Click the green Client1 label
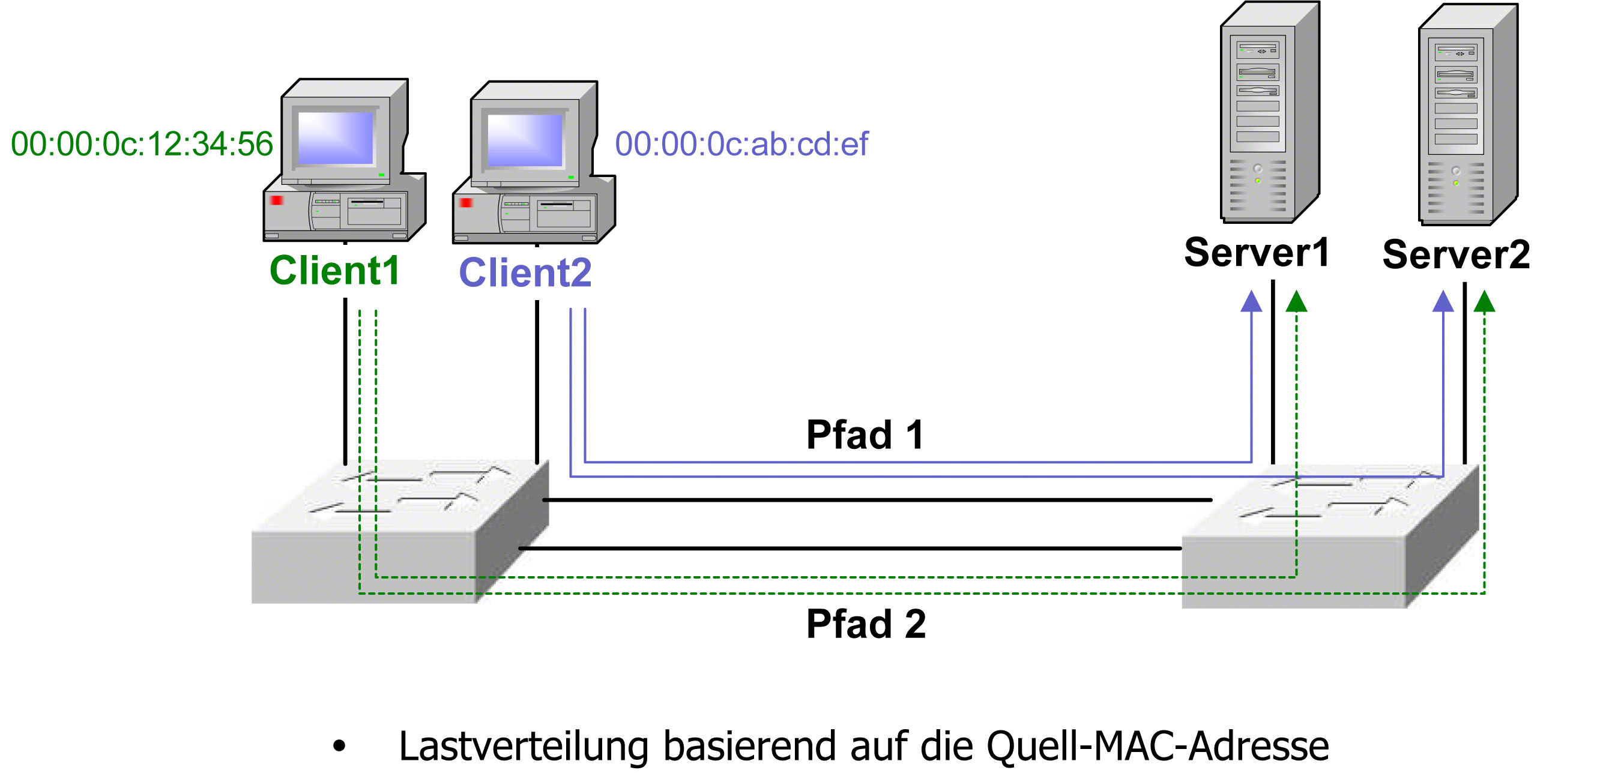click(x=334, y=271)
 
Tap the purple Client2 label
click(x=525, y=273)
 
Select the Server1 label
click(x=1256, y=253)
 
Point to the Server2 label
click(x=1456, y=254)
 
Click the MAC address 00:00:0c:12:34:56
click(x=142, y=144)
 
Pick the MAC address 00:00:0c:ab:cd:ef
click(x=741, y=144)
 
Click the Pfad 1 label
click(x=865, y=435)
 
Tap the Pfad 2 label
click(x=866, y=624)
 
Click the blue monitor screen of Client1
click(x=336, y=137)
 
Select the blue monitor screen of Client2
click(x=524, y=140)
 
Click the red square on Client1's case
click(x=277, y=200)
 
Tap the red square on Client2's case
click(x=466, y=203)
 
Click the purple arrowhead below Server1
click(x=1251, y=302)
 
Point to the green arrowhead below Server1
click(x=1296, y=302)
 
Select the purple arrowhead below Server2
click(x=1443, y=302)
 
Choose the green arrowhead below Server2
click(x=1485, y=302)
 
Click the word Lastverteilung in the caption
click(x=523, y=746)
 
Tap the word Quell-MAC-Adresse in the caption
click(x=1157, y=746)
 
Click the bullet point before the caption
click(x=339, y=745)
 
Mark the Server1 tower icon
click(x=1269, y=112)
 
